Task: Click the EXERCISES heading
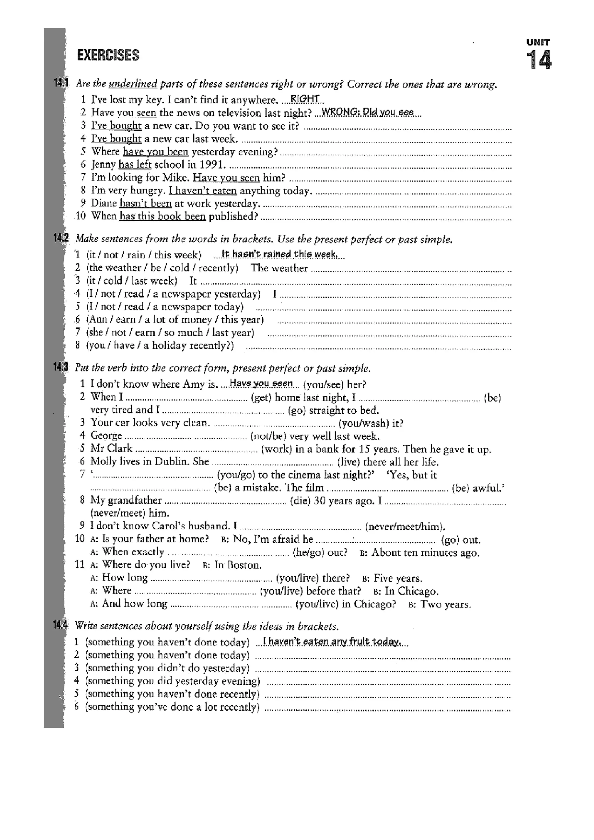(108, 55)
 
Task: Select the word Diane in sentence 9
(104, 203)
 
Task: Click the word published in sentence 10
(233, 217)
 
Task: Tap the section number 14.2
(61, 238)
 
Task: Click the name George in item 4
(106, 436)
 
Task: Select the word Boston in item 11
(244, 565)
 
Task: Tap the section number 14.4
(60, 625)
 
